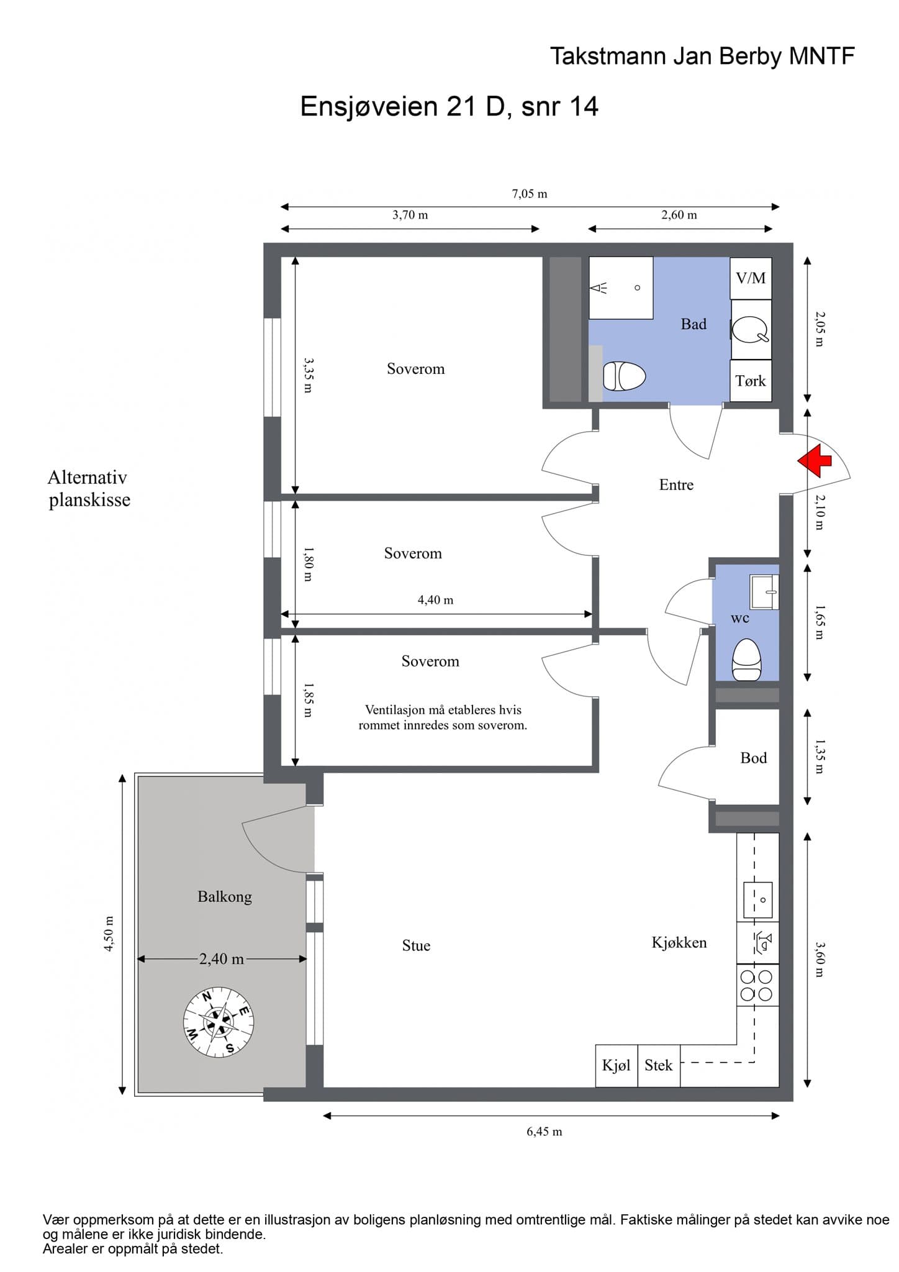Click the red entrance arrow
[815, 460]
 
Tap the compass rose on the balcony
[219, 1022]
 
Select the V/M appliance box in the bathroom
[751, 278]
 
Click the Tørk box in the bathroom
[751, 381]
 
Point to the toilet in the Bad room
[624, 376]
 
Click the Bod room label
[754, 758]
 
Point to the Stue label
[416, 945]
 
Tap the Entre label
[676, 484]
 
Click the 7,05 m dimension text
[530, 194]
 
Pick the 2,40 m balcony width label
[222, 958]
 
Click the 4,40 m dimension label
[435, 600]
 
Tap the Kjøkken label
[679, 942]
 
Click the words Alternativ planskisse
[89, 488]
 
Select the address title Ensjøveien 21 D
[402, 107]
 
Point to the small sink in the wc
[764, 592]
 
